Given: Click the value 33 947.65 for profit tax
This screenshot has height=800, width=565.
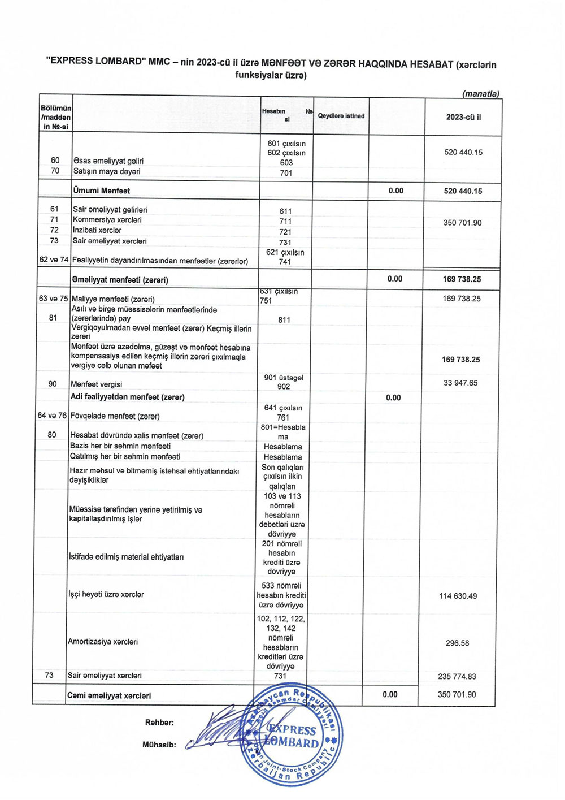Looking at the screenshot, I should tap(460, 383).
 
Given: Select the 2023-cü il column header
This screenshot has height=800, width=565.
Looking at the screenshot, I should tap(463, 117).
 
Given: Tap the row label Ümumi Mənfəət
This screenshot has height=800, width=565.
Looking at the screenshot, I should tap(102, 191).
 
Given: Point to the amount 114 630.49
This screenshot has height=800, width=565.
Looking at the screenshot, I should tap(458, 596).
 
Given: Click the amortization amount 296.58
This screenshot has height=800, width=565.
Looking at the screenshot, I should tap(457, 643).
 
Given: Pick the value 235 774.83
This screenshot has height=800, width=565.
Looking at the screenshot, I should tap(457, 676).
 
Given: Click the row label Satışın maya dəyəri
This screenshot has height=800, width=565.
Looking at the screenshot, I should tap(107, 171).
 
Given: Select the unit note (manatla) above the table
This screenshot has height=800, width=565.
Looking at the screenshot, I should tap(480, 94).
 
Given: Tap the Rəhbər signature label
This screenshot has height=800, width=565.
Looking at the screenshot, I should tap(159, 723).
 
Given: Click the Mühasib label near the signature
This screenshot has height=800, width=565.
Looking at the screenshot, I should tap(159, 745).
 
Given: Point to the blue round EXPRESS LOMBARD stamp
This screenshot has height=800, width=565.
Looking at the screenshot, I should tap(292, 734).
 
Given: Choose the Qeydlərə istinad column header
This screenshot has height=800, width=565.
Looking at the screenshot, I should tap(341, 116).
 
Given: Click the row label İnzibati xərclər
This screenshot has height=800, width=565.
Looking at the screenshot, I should tap(97, 230).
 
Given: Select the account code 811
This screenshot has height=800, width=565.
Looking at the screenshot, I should tap(284, 320).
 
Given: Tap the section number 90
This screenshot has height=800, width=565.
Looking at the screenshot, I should tap(53, 384).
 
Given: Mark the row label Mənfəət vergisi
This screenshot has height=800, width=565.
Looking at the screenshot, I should tap(96, 384).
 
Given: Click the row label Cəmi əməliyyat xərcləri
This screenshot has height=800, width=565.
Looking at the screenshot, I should tap(109, 695).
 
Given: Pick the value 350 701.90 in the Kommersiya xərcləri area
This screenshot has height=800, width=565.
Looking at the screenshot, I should tap(462, 223).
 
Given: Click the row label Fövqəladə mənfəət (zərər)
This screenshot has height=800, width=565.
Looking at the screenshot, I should tap(115, 416).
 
